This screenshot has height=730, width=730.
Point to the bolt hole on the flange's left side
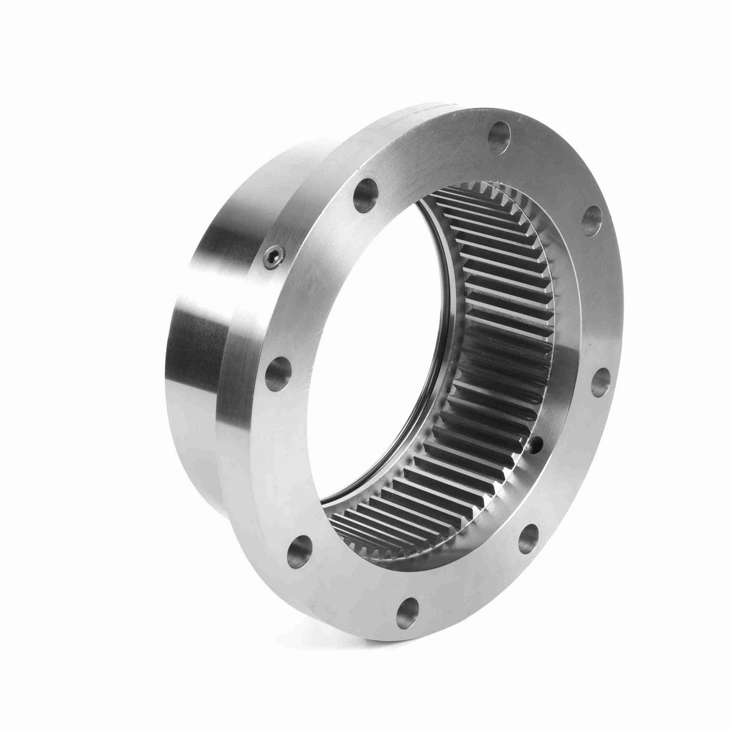point(279,370)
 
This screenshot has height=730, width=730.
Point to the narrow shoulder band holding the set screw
point(255,292)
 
